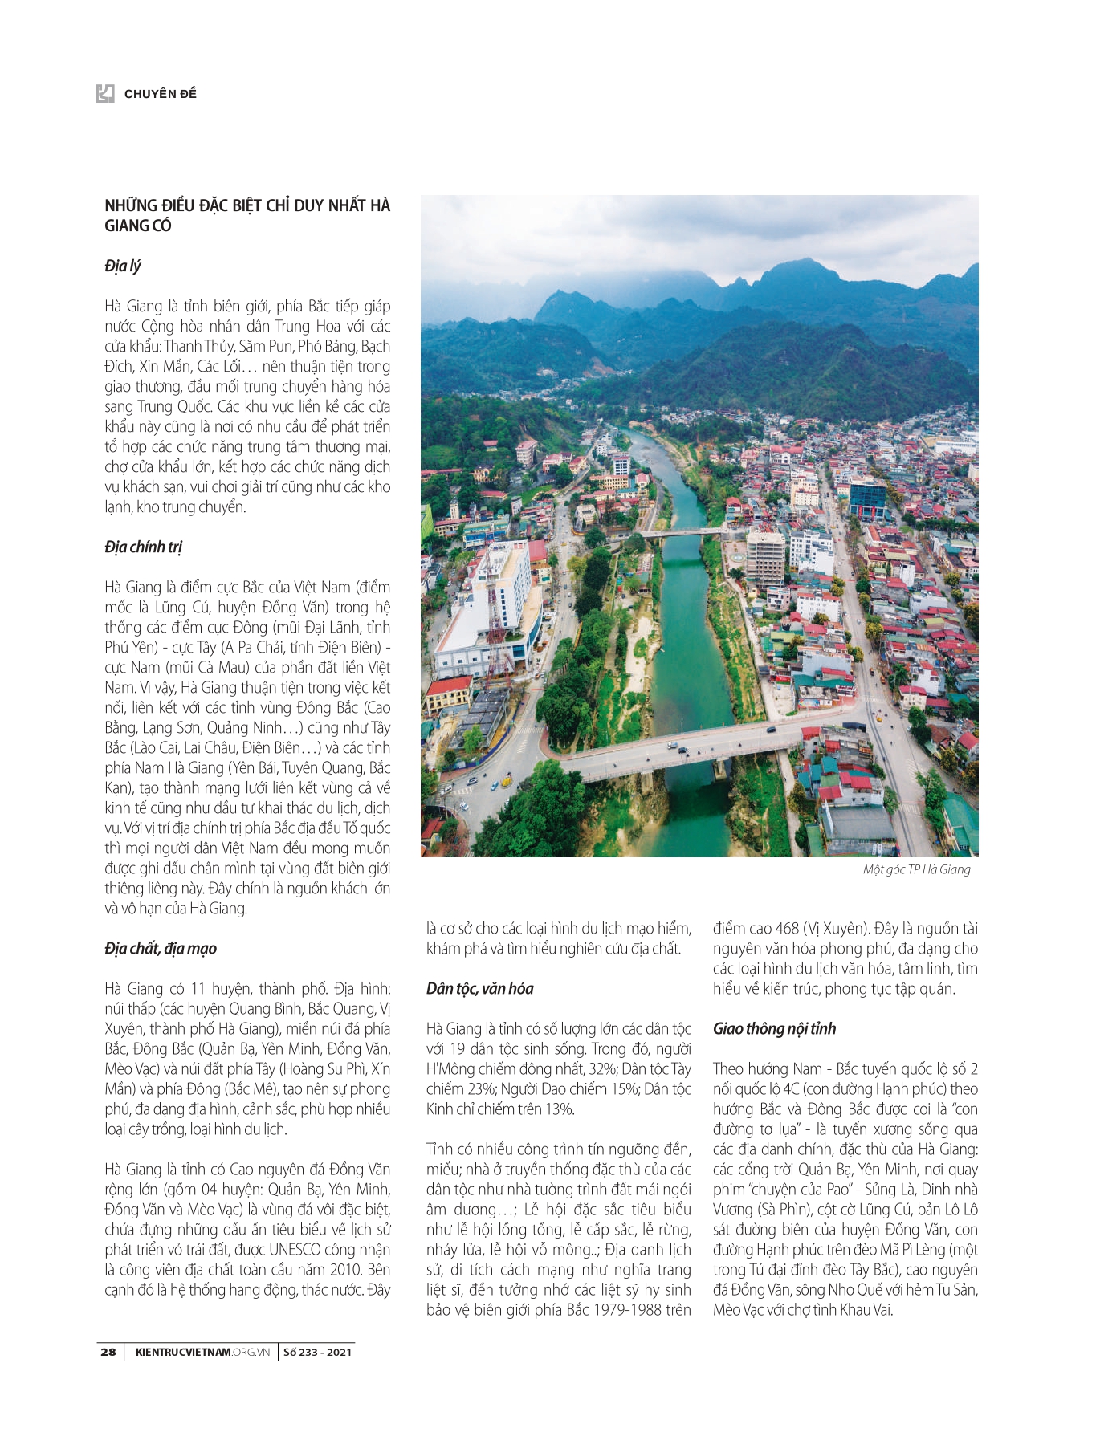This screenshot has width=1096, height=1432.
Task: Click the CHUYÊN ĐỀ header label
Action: pyautogui.click(x=160, y=94)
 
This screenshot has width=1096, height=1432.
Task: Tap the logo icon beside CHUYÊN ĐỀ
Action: pyautogui.click(x=105, y=94)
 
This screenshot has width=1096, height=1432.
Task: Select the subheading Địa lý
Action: pyautogui.click(x=123, y=266)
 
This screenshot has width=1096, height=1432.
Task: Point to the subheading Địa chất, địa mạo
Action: pyautogui.click(x=161, y=948)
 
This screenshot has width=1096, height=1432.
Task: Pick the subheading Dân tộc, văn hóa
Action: pyautogui.click(x=480, y=988)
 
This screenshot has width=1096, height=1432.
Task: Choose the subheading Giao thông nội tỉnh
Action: pyautogui.click(x=774, y=1028)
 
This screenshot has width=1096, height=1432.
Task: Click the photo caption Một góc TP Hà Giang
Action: pyautogui.click(x=916, y=869)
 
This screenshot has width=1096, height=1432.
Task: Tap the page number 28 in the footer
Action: pyautogui.click(x=108, y=1352)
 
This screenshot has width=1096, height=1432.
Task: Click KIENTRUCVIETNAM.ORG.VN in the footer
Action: pyautogui.click(x=202, y=1352)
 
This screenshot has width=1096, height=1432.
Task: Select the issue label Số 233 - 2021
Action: pyautogui.click(x=318, y=1352)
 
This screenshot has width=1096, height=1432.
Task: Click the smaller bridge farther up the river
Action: pyautogui.click(x=682, y=532)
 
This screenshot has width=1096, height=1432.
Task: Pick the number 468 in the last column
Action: pyautogui.click(x=787, y=929)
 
